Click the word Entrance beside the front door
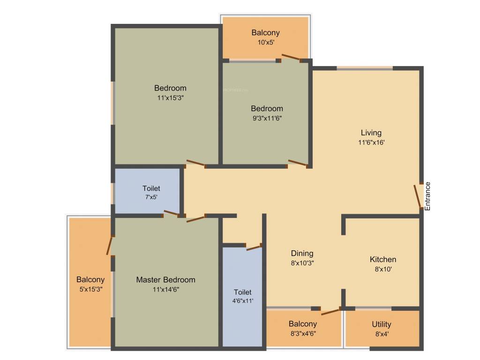[x=427, y=195]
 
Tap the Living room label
[x=371, y=133]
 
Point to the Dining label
[x=302, y=254]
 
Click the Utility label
[x=381, y=324]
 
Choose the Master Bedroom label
[x=165, y=280]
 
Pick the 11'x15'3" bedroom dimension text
[x=170, y=98]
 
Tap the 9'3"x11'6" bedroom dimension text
[x=266, y=118]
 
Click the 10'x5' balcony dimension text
[x=265, y=42]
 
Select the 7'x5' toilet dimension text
[x=151, y=197]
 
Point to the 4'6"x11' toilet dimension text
[x=243, y=301]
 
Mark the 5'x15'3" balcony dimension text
[x=91, y=289]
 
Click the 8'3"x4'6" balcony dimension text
[x=302, y=333]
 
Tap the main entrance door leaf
[x=417, y=196]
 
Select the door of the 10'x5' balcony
[x=291, y=58]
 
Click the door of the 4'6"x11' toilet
[x=254, y=247]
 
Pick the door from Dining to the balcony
[x=331, y=310]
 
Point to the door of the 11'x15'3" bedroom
[x=195, y=163]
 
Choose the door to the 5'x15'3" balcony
[x=110, y=245]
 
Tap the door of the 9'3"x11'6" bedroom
[x=298, y=163]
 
